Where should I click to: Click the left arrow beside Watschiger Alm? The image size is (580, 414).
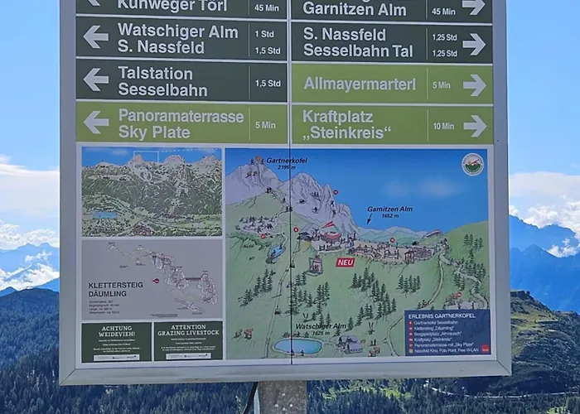point(95,36)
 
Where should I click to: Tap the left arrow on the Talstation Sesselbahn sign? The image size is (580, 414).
point(95,79)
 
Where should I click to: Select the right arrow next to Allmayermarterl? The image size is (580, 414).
point(474,84)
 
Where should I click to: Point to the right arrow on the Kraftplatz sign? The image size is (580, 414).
point(474,125)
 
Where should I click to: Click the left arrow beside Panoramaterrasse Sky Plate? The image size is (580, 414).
point(95,122)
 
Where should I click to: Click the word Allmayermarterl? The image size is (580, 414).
point(360,84)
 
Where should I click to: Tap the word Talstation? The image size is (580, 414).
point(155,72)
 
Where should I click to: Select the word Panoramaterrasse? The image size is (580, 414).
point(181,115)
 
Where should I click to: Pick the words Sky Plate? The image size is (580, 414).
point(154,132)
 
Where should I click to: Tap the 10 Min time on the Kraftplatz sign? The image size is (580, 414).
point(442,126)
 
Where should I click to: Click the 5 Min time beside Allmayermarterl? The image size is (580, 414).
point(441,84)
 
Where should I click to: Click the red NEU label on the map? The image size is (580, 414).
point(345,262)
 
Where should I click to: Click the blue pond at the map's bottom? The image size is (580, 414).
point(297,346)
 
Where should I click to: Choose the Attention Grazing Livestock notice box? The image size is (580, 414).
point(187,340)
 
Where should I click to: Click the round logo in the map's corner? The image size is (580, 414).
point(472,164)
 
